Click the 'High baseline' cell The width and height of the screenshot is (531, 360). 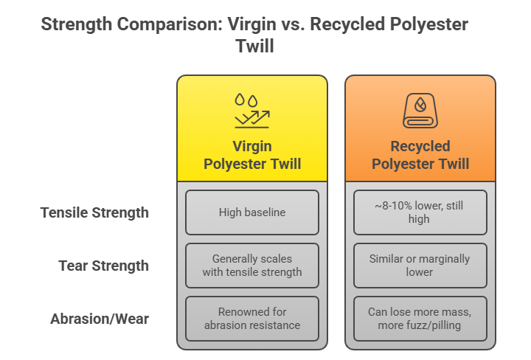(251, 212)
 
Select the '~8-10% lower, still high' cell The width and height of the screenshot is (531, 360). (420, 212)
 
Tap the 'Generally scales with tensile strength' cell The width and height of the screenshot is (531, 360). (251, 266)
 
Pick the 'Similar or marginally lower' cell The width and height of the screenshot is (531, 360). (420, 266)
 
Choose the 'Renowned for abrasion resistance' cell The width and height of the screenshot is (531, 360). (251, 319)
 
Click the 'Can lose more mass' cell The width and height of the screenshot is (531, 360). (420, 319)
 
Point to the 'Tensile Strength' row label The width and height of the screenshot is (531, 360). (94, 212)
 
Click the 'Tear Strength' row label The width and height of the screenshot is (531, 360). (104, 266)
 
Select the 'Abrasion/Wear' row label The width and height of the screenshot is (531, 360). (100, 319)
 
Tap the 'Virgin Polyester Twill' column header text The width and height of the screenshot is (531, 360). (252, 155)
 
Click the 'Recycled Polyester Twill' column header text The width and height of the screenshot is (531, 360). (420, 155)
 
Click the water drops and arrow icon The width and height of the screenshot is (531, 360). (251, 111)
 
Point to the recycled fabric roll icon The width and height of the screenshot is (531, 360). (420, 111)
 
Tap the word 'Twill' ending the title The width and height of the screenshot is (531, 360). (255, 45)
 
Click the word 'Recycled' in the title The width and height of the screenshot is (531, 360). (349, 24)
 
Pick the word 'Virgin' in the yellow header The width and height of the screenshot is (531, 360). (252, 146)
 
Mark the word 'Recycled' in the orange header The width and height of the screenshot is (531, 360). (420, 146)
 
